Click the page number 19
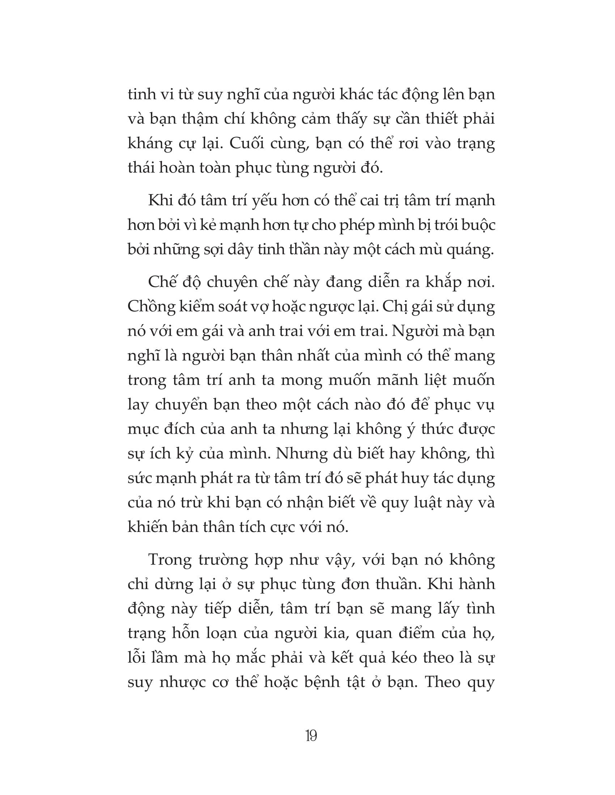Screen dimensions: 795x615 tap(311, 736)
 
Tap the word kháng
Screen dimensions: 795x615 tap(150, 144)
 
